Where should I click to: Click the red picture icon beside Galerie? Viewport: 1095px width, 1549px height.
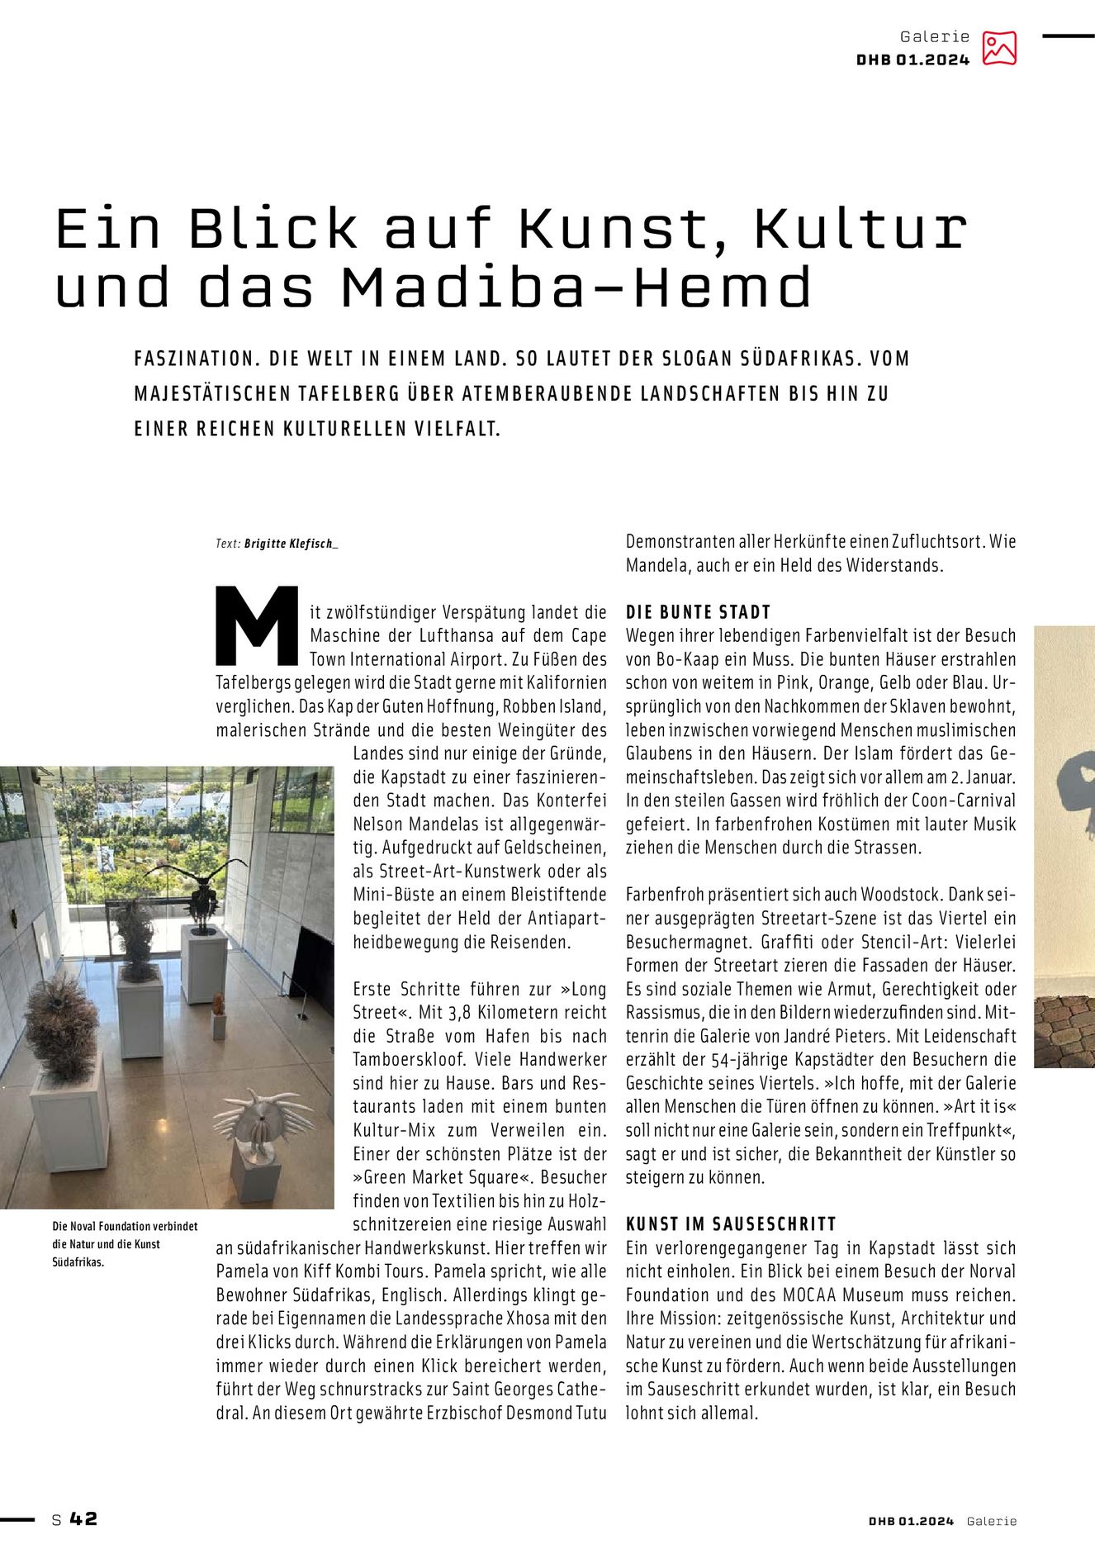coord(999,48)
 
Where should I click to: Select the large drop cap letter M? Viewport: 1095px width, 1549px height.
coord(257,625)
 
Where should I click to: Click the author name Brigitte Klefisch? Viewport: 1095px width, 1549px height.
coord(289,544)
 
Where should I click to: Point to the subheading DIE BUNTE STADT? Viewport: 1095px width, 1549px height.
coord(698,612)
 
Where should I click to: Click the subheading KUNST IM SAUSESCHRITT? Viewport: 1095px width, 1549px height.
coord(731,1224)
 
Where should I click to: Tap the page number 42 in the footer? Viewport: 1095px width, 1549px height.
coord(83,1518)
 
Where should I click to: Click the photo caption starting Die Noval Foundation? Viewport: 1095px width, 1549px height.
coord(125,1243)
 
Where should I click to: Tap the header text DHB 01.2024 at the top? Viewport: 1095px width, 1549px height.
coord(912,59)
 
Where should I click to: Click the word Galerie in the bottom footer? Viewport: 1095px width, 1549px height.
coord(992,1521)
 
